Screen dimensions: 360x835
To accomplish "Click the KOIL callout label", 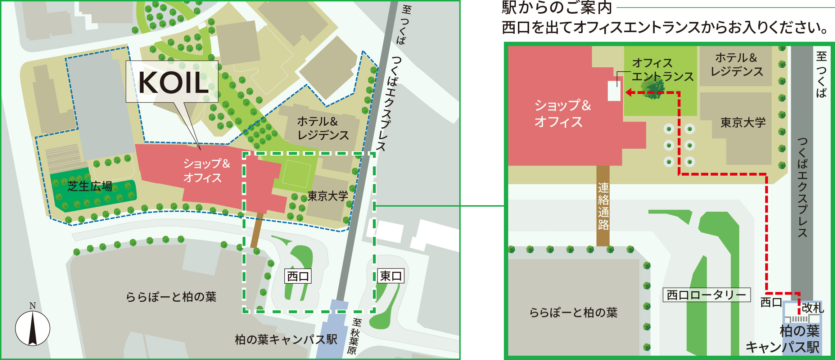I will [x=172, y=82].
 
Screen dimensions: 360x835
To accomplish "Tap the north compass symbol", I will [x=32, y=328].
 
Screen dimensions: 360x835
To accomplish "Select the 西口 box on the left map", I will [x=298, y=276].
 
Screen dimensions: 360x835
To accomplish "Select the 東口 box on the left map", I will [x=391, y=276].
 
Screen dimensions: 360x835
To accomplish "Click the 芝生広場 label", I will [x=90, y=186].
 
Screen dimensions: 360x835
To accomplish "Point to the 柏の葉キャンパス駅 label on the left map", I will [x=286, y=339].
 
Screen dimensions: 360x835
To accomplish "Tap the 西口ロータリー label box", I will [x=707, y=295].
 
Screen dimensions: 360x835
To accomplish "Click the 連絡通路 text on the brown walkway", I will [x=603, y=206].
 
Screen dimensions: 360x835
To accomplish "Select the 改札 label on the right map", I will [x=813, y=308].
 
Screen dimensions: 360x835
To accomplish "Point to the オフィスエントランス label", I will [x=662, y=70].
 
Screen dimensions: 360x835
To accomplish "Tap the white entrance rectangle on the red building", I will [x=614, y=91].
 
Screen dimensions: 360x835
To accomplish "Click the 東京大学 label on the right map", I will [x=743, y=123].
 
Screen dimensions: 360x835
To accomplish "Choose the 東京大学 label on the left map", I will [x=328, y=196].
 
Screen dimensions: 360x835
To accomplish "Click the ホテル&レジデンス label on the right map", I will [x=736, y=64].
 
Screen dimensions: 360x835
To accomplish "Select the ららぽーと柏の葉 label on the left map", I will [x=171, y=297].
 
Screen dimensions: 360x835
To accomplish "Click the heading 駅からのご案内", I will [x=557, y=8].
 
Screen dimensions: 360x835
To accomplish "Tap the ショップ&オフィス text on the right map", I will [x=562, y=113].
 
